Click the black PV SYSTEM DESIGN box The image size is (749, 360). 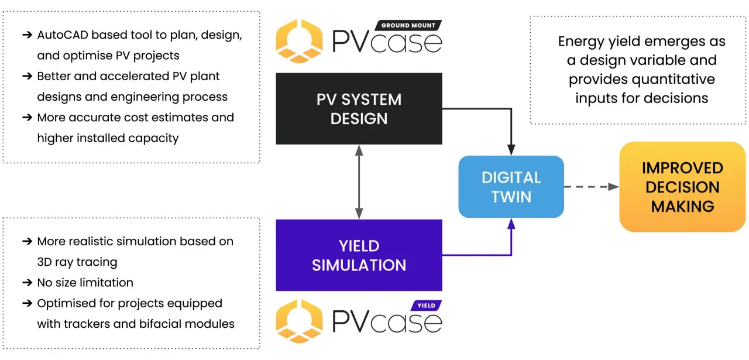click(359, 109)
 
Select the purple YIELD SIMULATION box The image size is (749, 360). click(359, 255)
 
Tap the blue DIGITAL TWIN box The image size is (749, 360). click(511, 187)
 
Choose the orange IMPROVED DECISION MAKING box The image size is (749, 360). click(682, 187)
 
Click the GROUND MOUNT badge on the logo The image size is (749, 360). click(408, 25)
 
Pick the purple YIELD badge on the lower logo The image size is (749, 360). click(427, 306)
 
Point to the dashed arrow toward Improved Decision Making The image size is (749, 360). click(591, 187)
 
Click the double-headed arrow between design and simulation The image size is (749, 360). click(359, 182)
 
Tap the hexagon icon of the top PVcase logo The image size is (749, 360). click(299, 41)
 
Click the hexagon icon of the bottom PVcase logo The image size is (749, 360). click(299, 321)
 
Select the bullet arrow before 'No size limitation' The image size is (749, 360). click(28, 283)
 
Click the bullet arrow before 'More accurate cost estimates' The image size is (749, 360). click(28, 118)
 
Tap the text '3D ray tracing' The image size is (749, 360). click(77, 262)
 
